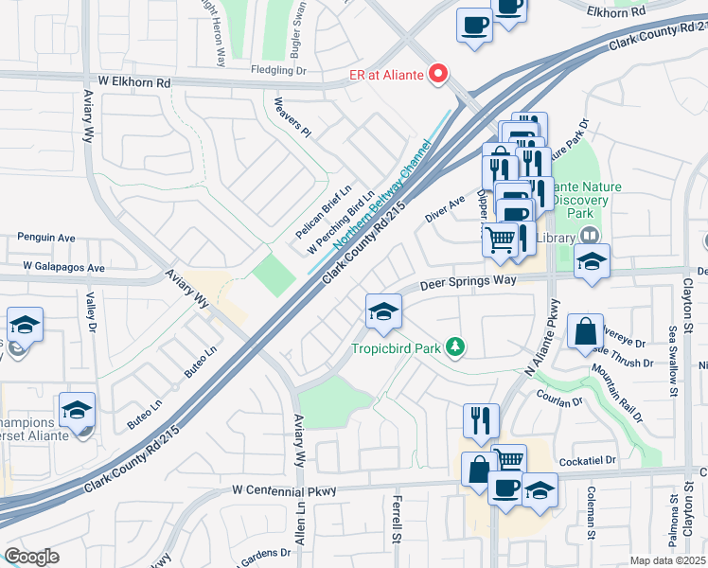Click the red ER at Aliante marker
pos(438,74)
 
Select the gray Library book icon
pos(589,236)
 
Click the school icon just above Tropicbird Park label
pos(383,311)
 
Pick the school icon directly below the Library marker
pos(592,261)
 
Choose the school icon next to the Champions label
pos(77,410)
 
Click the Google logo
pos(31,556)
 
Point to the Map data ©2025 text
pos(666,560)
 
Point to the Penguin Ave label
pos(46,238)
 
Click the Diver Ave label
pos(445,209)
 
